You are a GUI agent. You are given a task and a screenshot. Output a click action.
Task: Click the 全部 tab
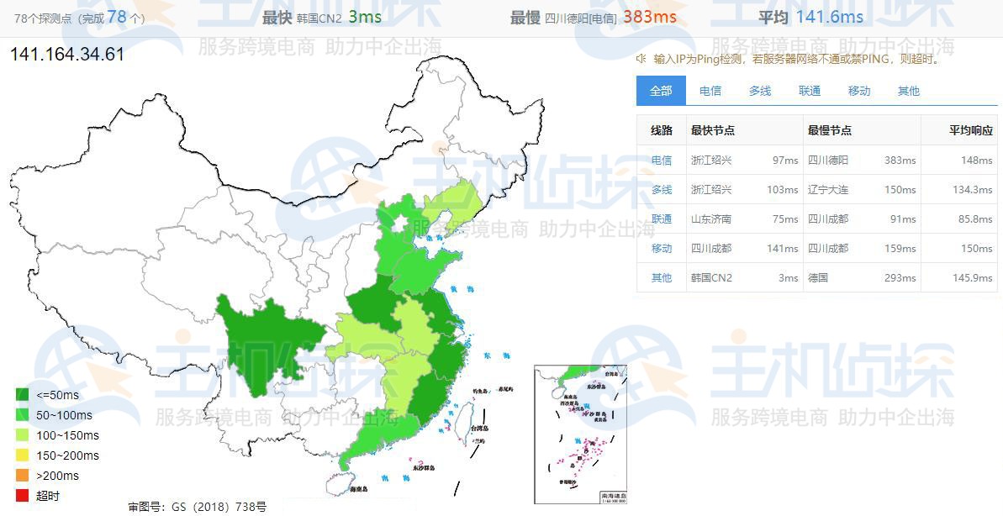click(x=661, y=91)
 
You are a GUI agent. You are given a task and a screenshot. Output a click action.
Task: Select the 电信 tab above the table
click(x=710, y=91)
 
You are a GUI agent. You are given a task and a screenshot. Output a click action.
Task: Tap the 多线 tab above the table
click(x=760, y=91)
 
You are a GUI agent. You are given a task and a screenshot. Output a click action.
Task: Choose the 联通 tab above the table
click(x=810, y=91)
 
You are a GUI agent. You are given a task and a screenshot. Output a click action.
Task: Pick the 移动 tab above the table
click(x=859, y=91)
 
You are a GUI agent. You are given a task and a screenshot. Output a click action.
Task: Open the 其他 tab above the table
click(x=909, y=91)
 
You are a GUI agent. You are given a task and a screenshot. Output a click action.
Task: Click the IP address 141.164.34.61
click(x=67, y=55)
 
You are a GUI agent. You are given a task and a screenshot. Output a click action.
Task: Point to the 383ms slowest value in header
click(x=649, y=18)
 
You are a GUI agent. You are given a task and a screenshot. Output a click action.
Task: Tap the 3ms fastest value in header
click(x=364, y=18)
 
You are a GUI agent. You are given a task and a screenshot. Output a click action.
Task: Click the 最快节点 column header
click(x=713, y=130)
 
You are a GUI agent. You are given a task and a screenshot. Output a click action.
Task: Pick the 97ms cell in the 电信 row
click(x=785, y=160)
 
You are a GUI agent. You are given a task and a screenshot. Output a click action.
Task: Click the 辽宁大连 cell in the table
click(x=828, y=189)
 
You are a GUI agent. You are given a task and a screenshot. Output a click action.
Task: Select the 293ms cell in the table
click(x=903, y=277)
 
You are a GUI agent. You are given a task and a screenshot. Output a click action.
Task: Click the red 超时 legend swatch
click(x=23, y=496)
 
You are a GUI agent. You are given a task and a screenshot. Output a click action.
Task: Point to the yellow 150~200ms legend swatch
click(x=23, y=455)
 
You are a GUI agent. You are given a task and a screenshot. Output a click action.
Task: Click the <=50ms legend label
click(x=58, y=395)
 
